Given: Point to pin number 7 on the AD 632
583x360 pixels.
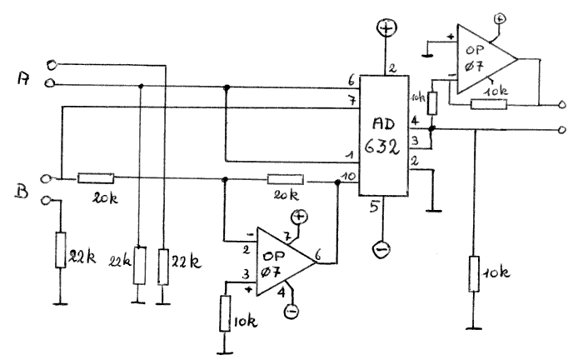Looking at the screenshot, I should tap(351, 100).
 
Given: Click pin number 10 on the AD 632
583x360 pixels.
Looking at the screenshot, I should tap(348, 175).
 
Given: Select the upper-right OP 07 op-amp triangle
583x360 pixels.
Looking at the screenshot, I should tap(482, 58).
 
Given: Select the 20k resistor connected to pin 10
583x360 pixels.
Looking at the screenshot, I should tap(286, 177).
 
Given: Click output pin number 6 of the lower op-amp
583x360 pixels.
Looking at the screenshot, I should tap(321, 252).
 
